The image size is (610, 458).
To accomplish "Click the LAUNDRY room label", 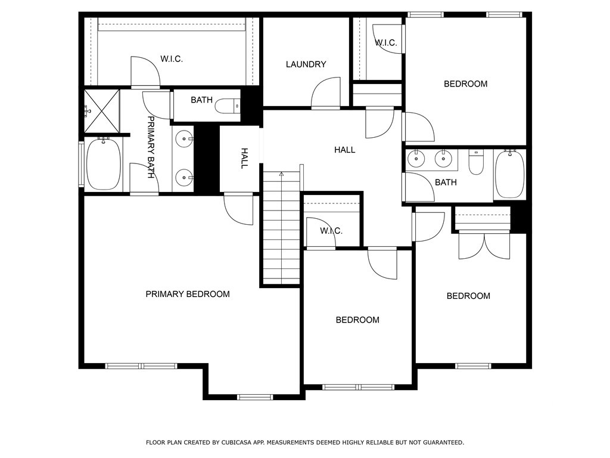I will coord(306,64).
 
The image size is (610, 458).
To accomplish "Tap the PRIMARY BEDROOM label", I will coord(188,294).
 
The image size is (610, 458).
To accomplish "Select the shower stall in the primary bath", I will coord(101,111).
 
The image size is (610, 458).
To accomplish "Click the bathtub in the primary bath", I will coord(104,165).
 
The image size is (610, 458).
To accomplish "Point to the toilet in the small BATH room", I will coord(227,106).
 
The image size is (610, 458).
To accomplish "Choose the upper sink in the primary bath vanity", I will coord(185,139).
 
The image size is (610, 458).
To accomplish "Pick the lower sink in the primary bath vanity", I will coord(185,177).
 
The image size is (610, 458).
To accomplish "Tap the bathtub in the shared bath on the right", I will coord(509,174).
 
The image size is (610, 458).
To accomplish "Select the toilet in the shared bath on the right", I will coord(476,162).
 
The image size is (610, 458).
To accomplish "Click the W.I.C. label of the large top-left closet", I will coord(171,59).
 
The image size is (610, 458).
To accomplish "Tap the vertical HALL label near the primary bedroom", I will coord(244,159).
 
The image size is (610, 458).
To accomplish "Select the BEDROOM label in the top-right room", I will coord(465,84).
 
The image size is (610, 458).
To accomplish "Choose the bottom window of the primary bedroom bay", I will coord(255,397).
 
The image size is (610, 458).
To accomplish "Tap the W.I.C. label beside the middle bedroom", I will coord(331,231).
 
